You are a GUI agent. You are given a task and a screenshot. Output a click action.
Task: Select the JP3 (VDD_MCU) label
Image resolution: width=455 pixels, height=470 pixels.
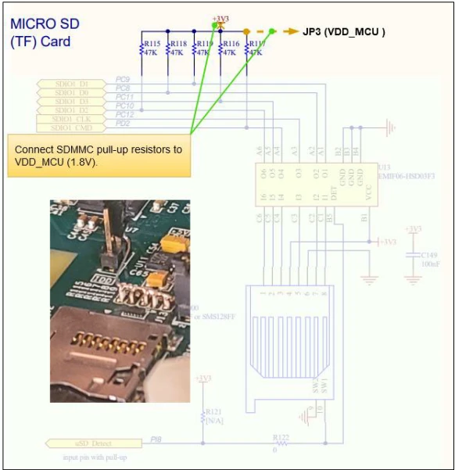(343, 32)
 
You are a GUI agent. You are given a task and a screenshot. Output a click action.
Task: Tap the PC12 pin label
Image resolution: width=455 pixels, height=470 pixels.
(124, 114)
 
